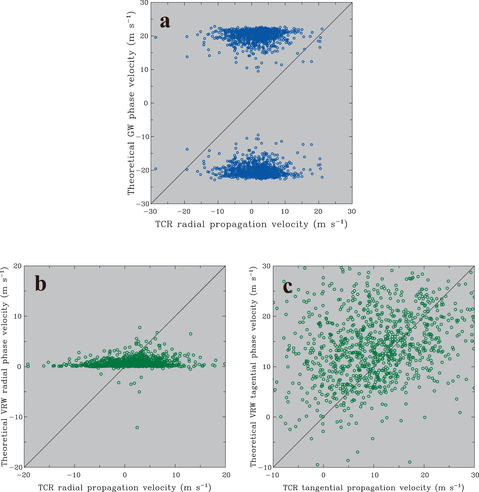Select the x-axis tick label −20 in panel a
point(184,212)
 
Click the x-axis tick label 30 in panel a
point(352,212)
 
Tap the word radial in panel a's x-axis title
point(191,224)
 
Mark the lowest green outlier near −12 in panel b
point(137,428)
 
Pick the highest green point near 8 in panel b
point(140,328)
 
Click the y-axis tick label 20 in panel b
point(17,266)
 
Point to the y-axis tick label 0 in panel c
point(268,417)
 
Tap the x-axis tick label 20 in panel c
point(425,475)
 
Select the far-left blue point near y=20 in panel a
point(155,37)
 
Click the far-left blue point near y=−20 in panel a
point(155,169)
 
